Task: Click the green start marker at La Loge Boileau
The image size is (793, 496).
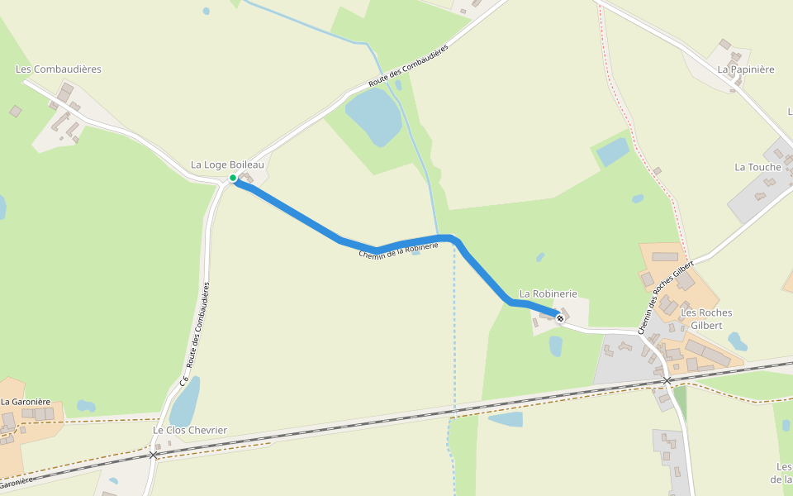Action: click(x=233, y=178)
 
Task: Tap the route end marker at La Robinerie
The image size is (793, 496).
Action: click(x=560, y=318)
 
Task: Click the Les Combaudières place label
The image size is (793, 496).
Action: click(x=59, y=69)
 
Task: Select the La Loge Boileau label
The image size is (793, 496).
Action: click(x=227, y=165)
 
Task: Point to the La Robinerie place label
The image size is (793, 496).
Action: click(x=548, y=293)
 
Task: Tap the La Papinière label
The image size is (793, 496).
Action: click(x=746, y=69)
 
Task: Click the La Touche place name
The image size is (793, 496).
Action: click(x=757, y=167)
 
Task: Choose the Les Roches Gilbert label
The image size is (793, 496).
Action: click(x=706, y=319)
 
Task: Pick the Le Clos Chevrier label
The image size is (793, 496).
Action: click(x=190, y=430)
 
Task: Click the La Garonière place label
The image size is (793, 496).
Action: click(x=26, y=402)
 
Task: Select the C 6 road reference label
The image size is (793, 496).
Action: click(x=184, y=381)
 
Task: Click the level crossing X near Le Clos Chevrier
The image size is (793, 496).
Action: click(x=153, y=455)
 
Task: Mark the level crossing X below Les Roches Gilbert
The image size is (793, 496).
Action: click(x=667, y=381)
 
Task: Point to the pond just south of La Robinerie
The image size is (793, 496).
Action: click(x=556, y=346)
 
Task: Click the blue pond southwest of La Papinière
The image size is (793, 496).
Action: click(x=612, y=151)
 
